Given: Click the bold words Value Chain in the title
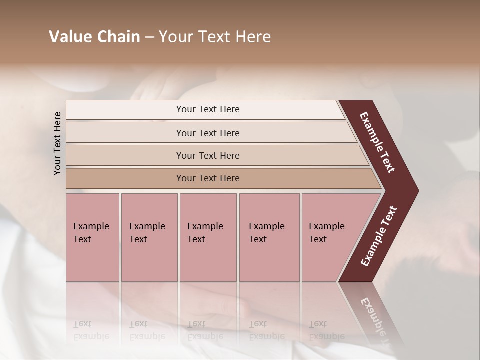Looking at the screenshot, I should [94, 37].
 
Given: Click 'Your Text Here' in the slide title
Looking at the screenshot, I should [215, 37].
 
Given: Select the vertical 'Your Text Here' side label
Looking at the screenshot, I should [57, 143].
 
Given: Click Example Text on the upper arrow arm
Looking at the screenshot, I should [377, 142].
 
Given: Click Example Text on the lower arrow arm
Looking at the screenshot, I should [378, 236].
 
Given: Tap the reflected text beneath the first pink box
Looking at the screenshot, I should [91, 330].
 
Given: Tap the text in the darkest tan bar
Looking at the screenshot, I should [208, 178].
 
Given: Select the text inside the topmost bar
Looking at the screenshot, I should [208, 109].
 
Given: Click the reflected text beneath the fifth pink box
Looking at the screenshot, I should [326, 330].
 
